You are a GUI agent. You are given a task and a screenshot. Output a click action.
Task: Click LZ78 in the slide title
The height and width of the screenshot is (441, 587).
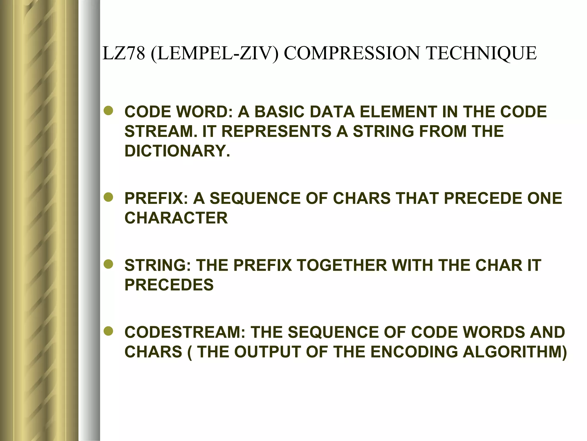point(124,53)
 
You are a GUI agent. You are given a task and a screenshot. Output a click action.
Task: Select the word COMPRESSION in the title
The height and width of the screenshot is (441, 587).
point(353,53)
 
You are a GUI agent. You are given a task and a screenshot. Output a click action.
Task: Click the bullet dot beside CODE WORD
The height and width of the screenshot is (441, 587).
point(109,111)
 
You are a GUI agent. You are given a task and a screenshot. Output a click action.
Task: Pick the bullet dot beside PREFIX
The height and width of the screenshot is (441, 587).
point(109,198)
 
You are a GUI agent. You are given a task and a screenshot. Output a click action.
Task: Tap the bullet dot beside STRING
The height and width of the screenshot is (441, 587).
point(109,265)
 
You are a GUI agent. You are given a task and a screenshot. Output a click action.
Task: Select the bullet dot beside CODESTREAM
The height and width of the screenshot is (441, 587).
point(109,332)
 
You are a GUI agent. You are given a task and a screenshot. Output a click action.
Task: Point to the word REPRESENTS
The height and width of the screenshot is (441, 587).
point(276,131)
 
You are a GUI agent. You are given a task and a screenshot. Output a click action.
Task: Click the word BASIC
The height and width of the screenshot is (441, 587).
point(279,112)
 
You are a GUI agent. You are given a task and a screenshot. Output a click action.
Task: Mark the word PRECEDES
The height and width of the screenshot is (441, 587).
point(169,285)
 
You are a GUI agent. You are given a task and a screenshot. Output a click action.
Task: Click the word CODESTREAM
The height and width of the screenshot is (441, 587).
point(185,332)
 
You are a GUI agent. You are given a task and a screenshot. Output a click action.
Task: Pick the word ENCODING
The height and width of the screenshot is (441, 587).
point(414,352)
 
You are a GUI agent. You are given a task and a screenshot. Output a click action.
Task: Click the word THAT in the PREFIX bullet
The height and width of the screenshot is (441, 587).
point(417,198)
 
